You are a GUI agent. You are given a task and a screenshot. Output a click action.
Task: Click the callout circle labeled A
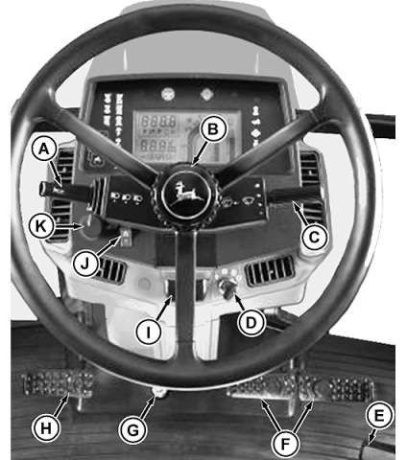(x=44, y=149)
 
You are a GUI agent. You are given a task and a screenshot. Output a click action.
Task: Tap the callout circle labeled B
(x=213, y=129)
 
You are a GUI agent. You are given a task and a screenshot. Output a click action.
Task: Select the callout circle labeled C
(x=315, y=237)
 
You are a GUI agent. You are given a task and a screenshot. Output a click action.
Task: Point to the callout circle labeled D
(x=251, y=322)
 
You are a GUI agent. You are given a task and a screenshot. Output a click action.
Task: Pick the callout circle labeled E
(x=379, y=416)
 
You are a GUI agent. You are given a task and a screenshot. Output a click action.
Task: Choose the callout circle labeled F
(x=284, y=444)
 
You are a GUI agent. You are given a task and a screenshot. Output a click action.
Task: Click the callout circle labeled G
(x=132, y=430)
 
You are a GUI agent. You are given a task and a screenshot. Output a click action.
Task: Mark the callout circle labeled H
(x=46, y=428)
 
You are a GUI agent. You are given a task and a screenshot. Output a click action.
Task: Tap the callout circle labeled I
(x=148, y=333)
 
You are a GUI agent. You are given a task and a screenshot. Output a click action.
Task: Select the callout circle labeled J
(x=84, y=264)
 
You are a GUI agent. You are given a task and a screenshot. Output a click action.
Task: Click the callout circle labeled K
(x=40, y=226)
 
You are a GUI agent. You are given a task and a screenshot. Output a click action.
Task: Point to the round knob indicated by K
(x=91, y=226)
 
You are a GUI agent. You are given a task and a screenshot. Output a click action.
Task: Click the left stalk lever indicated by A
(x=65, y=191)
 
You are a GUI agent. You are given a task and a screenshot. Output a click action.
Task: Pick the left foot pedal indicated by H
(x=58, y=384)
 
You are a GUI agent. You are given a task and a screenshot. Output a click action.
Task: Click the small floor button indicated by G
(x=159, y=391)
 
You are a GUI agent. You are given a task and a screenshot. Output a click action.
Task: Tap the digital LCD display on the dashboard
(x=186, y=137)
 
